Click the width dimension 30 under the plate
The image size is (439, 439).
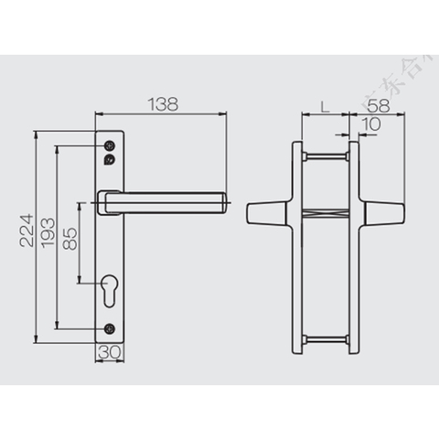tap(108, 353)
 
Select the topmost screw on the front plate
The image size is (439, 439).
tap(110, 145)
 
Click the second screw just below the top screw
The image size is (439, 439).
tap(110, 159)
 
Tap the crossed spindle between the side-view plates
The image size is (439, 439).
tap(325, 213)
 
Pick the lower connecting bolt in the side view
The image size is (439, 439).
tap(325, 341)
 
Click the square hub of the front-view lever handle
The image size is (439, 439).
tap(109, 200)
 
